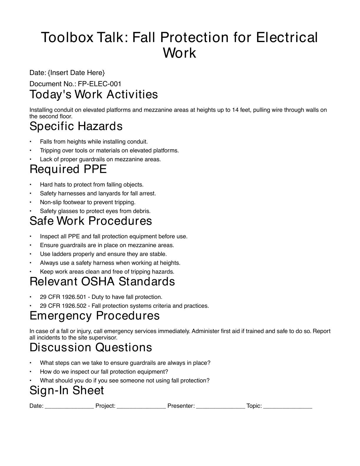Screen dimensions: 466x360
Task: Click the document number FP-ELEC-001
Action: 99,84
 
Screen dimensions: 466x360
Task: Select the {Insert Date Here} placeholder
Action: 76,73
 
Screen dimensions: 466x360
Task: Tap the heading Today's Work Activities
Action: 94,94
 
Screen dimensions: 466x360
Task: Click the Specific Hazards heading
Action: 76,126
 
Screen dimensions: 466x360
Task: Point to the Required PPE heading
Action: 68,169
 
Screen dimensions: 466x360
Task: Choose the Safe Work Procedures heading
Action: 91,221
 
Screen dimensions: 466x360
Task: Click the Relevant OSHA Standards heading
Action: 102,282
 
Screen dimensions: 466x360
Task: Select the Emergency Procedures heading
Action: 94,316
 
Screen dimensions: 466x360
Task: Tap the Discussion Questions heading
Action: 91,347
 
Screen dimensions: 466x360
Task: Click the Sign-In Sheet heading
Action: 67,390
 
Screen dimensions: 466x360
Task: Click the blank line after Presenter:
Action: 220,406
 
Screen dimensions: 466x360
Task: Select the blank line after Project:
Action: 141,406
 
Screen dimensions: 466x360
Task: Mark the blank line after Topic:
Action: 288,406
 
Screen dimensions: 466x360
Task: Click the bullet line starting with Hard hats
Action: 92,185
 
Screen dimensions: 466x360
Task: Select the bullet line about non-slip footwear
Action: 88,202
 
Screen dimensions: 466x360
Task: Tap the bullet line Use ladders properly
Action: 103,254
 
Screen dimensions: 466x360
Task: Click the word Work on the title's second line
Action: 179,53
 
